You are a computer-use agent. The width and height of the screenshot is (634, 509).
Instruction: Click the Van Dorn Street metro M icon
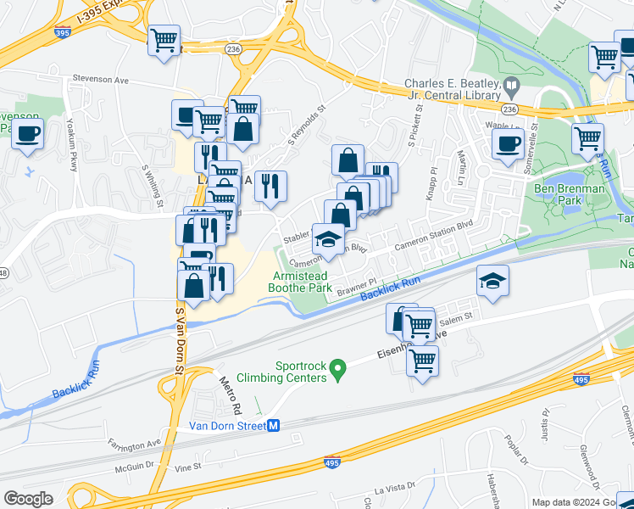(273, 426)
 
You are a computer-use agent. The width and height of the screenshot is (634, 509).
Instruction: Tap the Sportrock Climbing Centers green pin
(338, 370)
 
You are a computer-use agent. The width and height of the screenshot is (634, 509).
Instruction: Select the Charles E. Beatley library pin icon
(511, 85)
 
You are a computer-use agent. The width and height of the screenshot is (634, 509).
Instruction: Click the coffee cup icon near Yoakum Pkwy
(28, 133)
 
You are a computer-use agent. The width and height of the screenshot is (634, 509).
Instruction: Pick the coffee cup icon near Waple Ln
(509, 143)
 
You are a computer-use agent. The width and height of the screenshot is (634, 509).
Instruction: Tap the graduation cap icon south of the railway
(492, 282)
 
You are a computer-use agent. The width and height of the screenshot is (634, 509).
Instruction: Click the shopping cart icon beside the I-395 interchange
(164, 40)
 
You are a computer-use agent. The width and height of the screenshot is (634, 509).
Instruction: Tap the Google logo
(29, 499)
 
